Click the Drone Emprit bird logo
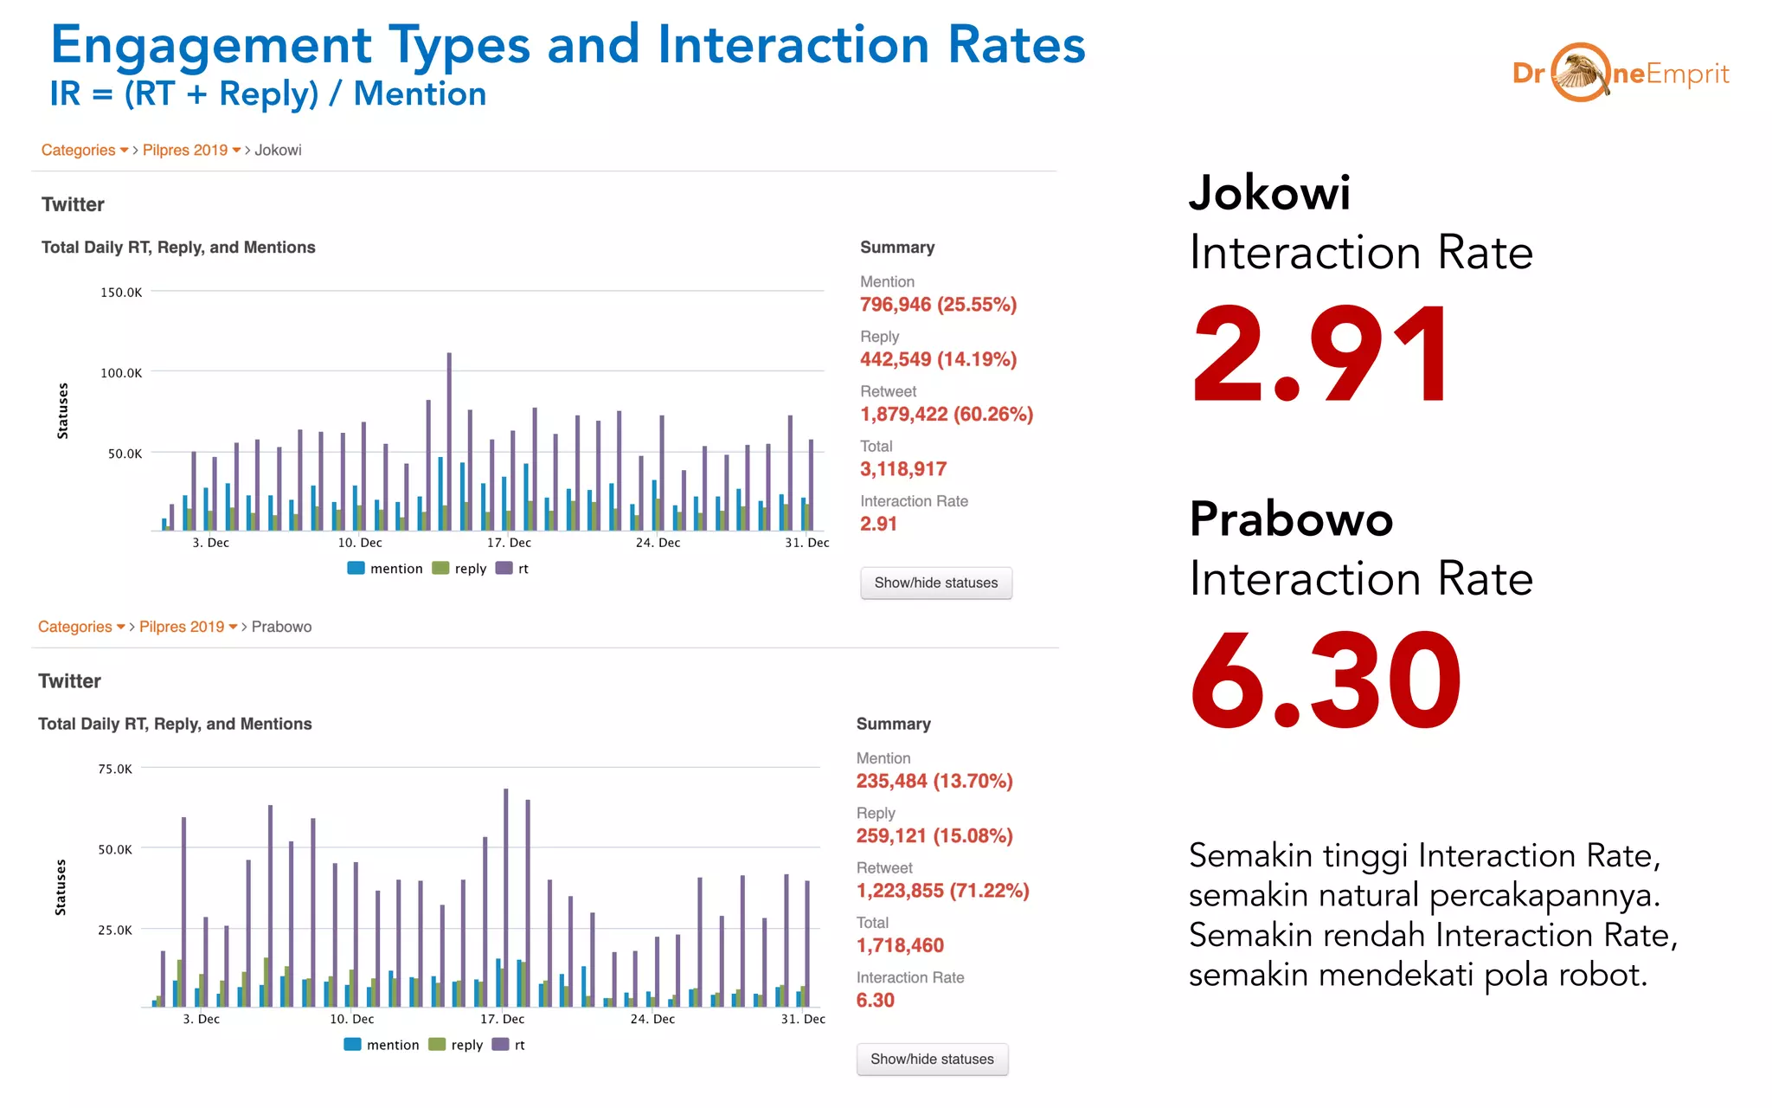click(1580, 73)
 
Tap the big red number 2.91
click(1319, 355)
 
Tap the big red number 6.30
click(1325, 681)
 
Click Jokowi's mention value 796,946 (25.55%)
click(938, 305)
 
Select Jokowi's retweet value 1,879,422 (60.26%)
click(946, 415)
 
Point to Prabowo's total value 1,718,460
click(899, 945)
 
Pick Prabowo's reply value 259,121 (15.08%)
click(934, 836)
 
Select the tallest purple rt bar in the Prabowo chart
click(506, 896)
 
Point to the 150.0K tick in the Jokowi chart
click(121, 293)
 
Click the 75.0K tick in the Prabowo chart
click(115, 769)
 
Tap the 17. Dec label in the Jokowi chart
click(509, 543)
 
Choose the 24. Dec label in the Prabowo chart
click(652, 1019)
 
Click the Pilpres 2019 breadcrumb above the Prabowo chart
click(183, 627)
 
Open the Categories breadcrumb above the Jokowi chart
click(79, 150)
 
